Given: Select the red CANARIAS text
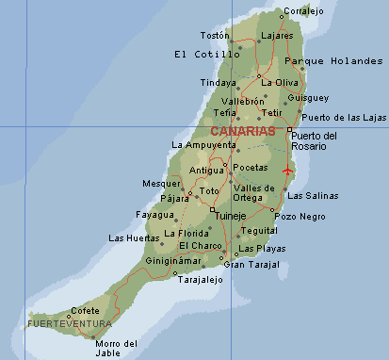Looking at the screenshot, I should (x=243, y=131).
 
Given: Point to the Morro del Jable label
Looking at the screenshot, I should (x=117, y=347).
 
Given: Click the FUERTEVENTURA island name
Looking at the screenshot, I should (x=69, y=324).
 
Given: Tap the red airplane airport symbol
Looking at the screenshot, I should (x=287, y=171).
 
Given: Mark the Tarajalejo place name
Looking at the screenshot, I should (x=202, y=279).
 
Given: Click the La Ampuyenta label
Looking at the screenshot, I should (x=203, y=145).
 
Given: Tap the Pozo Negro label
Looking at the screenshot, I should (x=300, y=217).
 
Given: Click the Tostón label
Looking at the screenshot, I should (x=215, y=35).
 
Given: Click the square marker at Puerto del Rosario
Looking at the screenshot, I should (x=289, y=129).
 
